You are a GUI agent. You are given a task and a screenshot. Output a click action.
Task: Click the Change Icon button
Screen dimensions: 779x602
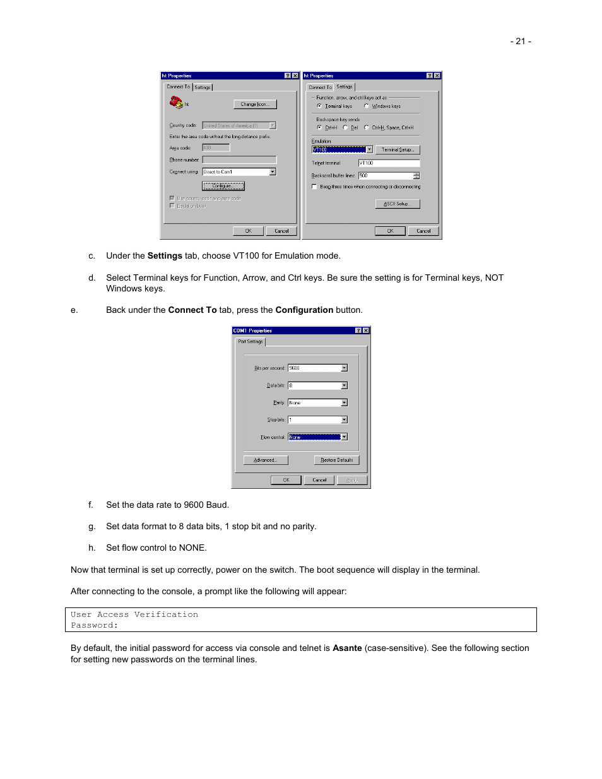255,104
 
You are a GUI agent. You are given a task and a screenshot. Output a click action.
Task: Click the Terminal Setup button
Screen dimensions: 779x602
398,149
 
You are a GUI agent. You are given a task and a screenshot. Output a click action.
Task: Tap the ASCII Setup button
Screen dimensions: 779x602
398,204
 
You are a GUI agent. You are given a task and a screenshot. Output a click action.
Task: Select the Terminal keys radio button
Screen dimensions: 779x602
319,106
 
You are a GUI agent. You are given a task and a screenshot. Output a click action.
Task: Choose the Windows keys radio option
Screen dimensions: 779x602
367,106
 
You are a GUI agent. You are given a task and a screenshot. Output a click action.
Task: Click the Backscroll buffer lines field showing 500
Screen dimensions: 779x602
386,175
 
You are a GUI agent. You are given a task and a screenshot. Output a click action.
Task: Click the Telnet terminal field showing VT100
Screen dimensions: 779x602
389,163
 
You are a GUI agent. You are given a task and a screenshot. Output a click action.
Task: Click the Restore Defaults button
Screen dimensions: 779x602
336,460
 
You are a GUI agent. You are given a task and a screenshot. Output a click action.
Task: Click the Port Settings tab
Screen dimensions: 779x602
251,341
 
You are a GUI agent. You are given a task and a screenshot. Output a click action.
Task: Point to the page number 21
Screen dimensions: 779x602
521,41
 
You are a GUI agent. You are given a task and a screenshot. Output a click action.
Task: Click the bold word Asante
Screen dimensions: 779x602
347,648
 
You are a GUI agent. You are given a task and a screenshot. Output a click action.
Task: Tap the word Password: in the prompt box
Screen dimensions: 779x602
94,625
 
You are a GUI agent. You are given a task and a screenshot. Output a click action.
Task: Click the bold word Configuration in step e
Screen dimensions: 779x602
304,310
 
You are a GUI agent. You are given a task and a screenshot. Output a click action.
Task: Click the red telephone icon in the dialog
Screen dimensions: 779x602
175,102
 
